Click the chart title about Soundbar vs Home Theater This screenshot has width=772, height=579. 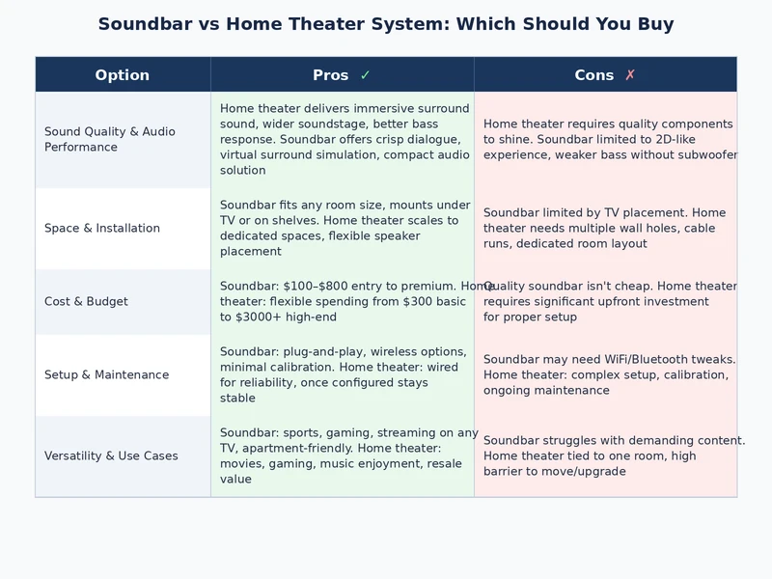pyautogui.click(x=386, y=24)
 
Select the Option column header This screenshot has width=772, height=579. pyautogui.click(x=123, y=75)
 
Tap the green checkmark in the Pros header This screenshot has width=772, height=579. pyautogui.click(x=365, y=75)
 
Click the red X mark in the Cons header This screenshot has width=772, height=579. pyautogui.click(x=630, y=75)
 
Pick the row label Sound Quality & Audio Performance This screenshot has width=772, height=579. pyautogui.click(x=110, y=139)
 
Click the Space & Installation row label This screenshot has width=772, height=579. pyautogui.click(x=102, y=228)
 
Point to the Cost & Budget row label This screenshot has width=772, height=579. pyautogui.click(x=86, y=301)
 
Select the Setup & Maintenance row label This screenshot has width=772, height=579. pyautogui.click(x=106, y=374)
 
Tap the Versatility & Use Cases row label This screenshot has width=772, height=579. pyautogui.click(x=111, y=455)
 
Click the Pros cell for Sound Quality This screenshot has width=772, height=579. pyautogui.click(x=343, y=139)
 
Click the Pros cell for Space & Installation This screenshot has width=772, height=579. pyautogui.click(x=343, y=228)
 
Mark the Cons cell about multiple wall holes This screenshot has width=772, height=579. pyautogui.click(x=605, y=228)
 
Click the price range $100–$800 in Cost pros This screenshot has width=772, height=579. pyautogui.click(x=319, y=286)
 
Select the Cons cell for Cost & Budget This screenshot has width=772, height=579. pyautogui.click(x=605, y=301)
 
